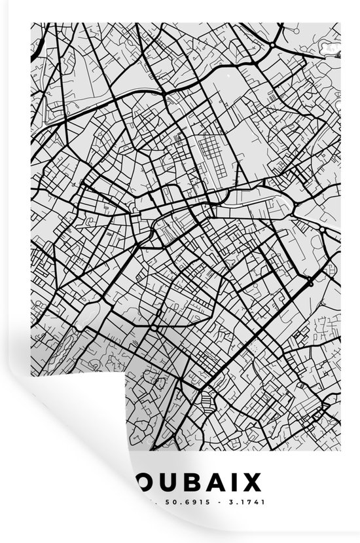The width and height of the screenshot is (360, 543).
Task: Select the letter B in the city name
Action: pos(190,483)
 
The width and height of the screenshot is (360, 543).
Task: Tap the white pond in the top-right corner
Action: pos(331,48)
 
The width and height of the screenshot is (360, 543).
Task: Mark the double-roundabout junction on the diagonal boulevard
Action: pos(310,282)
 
